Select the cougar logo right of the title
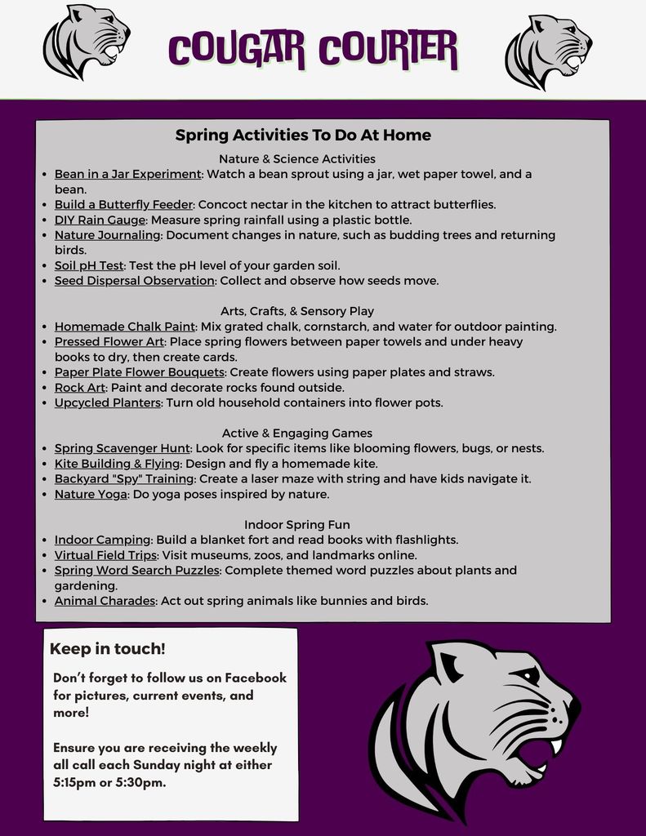click(548, 51)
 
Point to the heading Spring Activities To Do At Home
click(303, 135)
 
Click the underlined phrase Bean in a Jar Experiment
click(127, 174)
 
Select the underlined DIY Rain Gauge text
click(100, 220)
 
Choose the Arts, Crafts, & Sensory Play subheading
click(297, 311)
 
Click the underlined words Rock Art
click(80, 387)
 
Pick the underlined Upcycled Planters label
click(108, 402)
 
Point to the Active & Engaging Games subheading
click(297, 433)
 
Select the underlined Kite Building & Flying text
click(117, 463)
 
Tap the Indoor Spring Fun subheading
click(297, 524)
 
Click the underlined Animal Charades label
click(105, 601)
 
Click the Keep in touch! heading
click(108, 649)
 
